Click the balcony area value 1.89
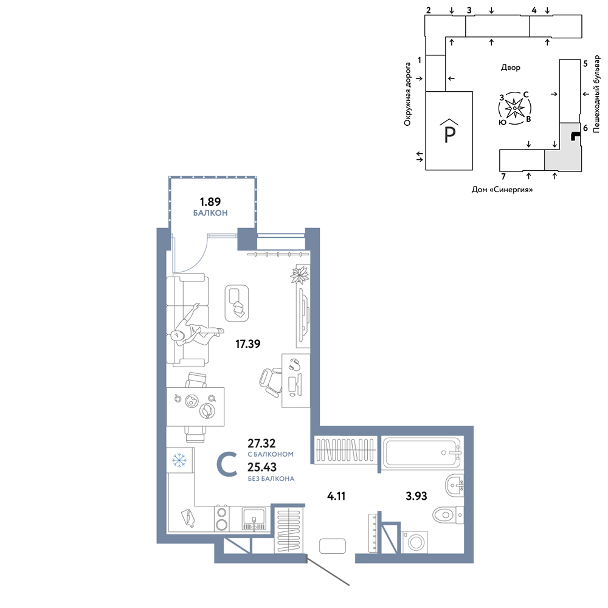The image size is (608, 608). coord(210,202)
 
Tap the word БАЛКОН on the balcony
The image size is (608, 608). coord(210,213)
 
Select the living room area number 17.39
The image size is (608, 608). coord(248,344)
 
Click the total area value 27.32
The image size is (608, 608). coord(261,443)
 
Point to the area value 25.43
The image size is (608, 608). coord(262,467)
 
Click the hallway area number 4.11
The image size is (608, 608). coord(336,496)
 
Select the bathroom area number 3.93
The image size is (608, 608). coord(416,496)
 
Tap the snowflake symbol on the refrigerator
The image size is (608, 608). coord(179,461)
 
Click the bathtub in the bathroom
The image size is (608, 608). coord(423,453)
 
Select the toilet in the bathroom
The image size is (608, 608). coord(448,515)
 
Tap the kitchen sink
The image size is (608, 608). coord(254,519)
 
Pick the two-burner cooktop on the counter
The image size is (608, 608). coord(222,519)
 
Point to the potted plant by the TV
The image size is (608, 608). coord(300,275)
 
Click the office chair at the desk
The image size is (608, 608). coord(270,382)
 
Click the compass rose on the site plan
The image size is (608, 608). coord(514,108)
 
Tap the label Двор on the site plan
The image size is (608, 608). coord(510,67)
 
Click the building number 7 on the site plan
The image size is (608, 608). coord(503,177)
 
